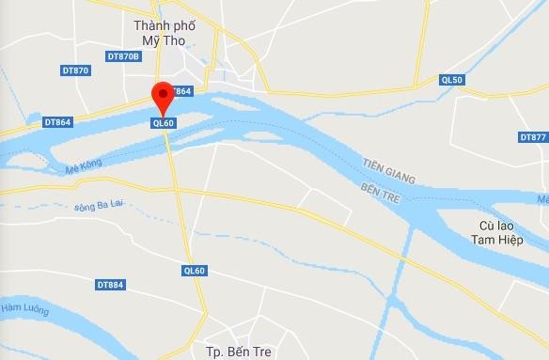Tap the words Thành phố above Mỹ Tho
[165, 25]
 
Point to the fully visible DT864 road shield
[57, 122]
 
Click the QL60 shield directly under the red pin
[163, 123]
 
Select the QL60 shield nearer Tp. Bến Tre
[194, 271]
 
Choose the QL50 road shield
[452, 81]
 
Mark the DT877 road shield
[533, 137]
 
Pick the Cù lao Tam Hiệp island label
[501, 233]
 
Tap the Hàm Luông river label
[25, 306]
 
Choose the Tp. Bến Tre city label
[238, 352]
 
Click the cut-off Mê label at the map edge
[542, 199]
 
